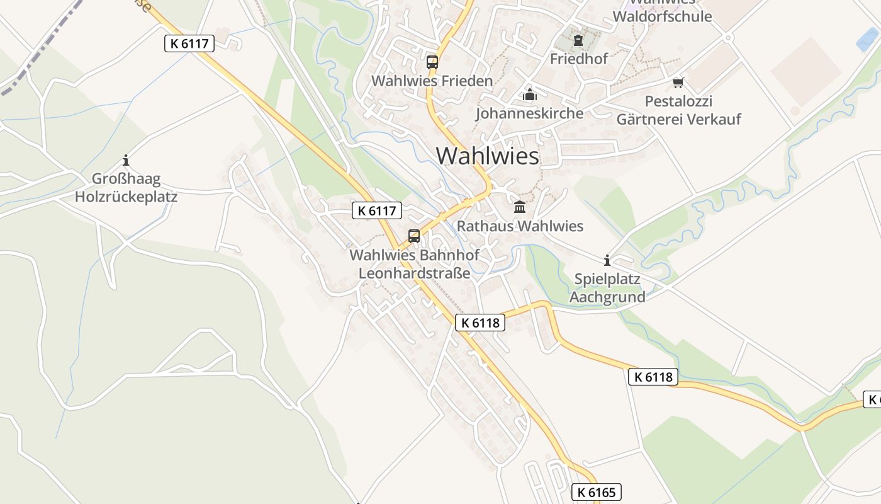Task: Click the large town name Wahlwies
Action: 488,156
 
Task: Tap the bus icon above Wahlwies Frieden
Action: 432,62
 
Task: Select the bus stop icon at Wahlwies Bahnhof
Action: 414,236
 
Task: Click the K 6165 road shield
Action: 596,492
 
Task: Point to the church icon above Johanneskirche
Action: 530,95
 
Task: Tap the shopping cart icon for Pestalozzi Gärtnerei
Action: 678,83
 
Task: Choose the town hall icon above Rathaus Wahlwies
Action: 520,207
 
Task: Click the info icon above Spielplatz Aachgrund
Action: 607,260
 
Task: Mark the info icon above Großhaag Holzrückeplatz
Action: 126,160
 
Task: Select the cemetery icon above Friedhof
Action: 578,41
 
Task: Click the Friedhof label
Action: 578,59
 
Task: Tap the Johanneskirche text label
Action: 529,113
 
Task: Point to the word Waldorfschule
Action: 662,16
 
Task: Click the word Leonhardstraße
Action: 414,273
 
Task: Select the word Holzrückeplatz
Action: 126,197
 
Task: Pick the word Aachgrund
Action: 607,297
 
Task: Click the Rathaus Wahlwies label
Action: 520,226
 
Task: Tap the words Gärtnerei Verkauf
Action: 678,119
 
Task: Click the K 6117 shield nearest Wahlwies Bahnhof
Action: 376,210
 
